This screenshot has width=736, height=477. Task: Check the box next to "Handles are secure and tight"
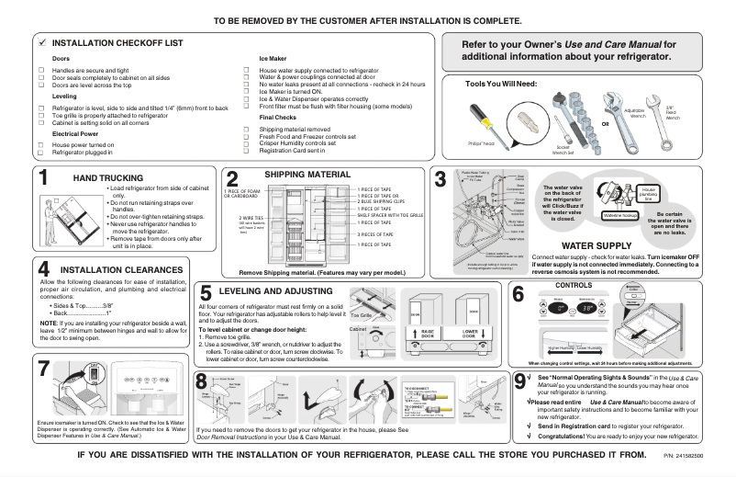[41, 70]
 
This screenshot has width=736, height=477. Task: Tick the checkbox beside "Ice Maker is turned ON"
[247, 91]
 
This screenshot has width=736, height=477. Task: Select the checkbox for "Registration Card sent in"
[247, 151]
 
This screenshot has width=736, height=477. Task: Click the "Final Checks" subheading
[278, 118]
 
